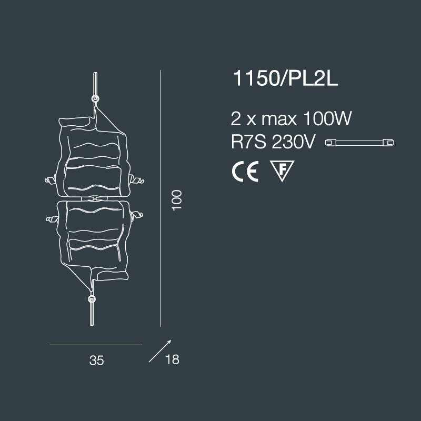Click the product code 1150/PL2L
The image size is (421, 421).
point(285,78)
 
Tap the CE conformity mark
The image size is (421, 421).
point(245,172)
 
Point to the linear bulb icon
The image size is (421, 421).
point(359,142)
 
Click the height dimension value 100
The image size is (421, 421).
point(177,201)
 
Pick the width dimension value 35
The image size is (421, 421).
point(97,360)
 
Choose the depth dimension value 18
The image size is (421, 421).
point(172,359)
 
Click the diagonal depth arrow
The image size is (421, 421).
point(160,351)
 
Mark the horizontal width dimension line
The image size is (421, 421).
point(96,345)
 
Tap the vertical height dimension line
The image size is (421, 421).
point(161,198)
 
